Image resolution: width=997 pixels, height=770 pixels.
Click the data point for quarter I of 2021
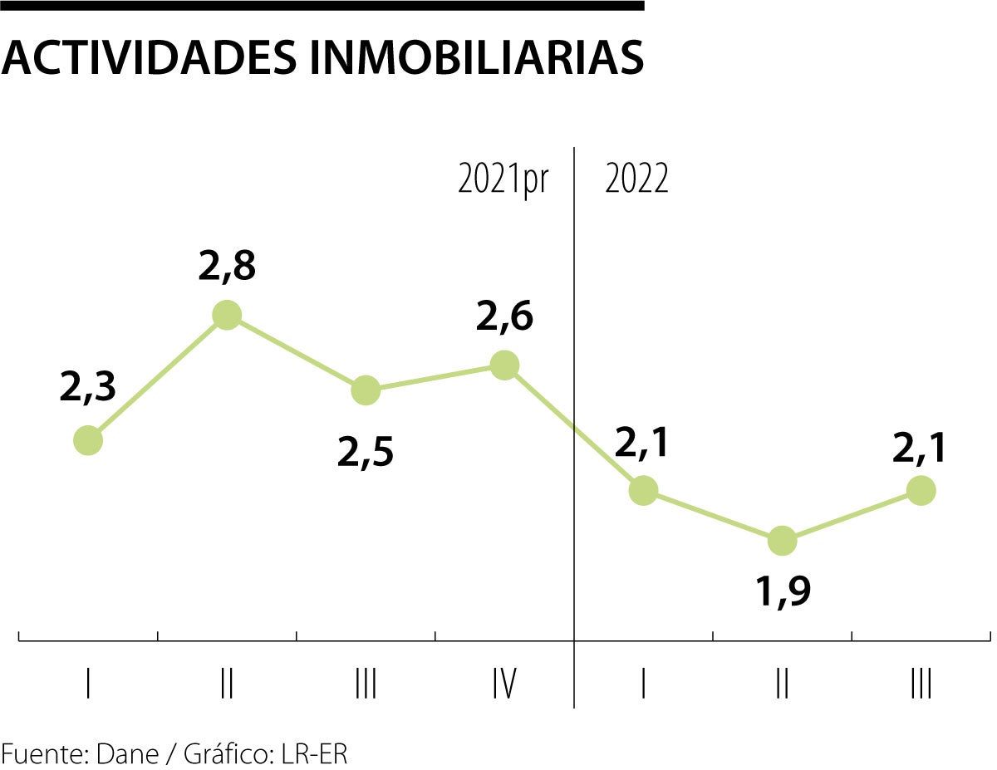(88, 440)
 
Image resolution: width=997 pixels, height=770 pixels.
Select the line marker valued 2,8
(227, 315)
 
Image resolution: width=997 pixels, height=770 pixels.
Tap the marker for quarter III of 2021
(366, 390)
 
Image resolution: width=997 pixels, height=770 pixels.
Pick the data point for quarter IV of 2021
(504, 365)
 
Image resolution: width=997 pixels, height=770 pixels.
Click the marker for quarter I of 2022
(643, 490)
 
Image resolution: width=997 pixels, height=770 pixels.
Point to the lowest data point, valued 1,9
(782, 541)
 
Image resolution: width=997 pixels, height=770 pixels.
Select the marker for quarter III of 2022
(921, 490)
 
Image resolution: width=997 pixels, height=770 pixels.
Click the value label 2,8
(227, 267)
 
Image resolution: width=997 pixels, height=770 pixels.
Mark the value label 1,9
(782, 591)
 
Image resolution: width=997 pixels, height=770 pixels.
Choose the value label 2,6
(504, 317)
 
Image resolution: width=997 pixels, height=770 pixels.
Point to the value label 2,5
(366, 454)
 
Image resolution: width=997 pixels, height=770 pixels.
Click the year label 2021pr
(503, 180)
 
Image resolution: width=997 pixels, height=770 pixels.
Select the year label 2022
(636, 180)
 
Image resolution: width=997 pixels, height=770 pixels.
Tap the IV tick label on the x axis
(504, 686)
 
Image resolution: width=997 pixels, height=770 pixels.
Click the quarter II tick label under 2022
(782, 686)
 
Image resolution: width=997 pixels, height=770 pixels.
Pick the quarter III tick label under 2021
(366, 686)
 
